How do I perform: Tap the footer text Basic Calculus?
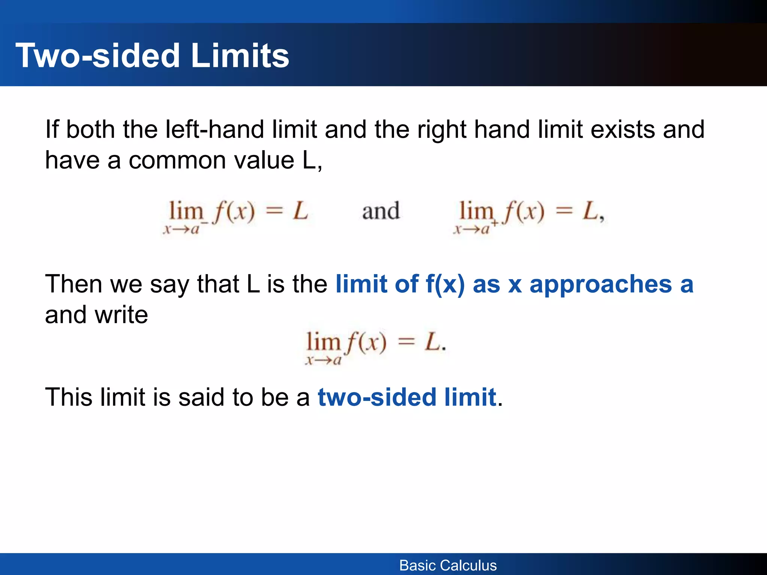pyautogui.click(x=448, y=565)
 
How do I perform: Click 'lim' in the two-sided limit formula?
pyautogui.click(x=323, y=341)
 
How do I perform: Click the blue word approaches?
pyautogui.click(x=601, y=285)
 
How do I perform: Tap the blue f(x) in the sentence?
pyautogui.click(x=445, y=285)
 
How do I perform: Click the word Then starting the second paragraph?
pyautogui.click(x=73, y=285)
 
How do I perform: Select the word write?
pyautogui.click(x=121, y=315)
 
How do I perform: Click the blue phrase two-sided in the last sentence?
pyautogui.click(x=377, y=398)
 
